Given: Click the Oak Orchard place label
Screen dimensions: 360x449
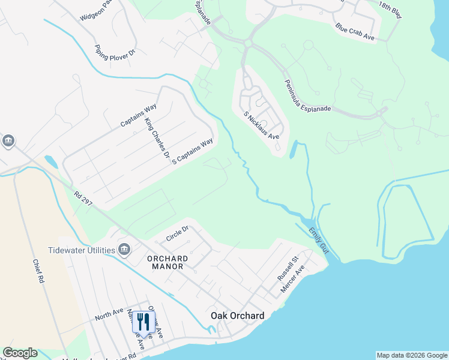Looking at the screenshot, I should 237,316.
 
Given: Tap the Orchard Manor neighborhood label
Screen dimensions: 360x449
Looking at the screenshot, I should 167,262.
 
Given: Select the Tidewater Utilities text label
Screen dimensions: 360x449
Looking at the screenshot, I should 81,250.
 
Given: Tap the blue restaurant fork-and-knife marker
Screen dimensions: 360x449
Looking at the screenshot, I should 143,322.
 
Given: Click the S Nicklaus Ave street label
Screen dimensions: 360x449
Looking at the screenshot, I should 262,125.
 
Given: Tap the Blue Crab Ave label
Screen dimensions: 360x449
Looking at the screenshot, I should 355,32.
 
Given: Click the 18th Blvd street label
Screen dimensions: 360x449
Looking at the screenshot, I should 389,10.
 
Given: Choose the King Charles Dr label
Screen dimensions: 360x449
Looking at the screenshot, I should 157,137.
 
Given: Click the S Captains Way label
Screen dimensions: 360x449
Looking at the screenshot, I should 193,152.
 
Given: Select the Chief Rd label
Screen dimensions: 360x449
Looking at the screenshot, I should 40,272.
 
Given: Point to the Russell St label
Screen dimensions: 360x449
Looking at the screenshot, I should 288,269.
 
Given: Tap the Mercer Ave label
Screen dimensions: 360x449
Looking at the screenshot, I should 294,280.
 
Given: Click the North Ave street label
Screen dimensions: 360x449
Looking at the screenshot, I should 109,316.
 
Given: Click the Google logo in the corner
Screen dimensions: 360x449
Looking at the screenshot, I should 20,353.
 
